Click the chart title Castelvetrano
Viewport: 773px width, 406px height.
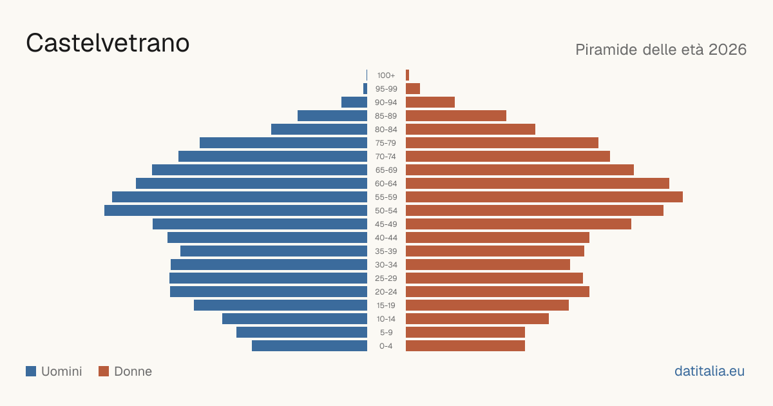click(108, 43)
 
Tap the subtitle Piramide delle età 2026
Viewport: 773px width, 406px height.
click(661, 50)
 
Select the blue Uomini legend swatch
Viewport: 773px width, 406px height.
click(31, 371)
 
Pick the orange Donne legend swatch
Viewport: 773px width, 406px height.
click(104, 371)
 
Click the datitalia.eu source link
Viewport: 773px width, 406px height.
click(709, 371)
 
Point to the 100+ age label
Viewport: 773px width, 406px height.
click(386, 75)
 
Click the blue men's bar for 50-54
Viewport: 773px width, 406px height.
click(236, 211)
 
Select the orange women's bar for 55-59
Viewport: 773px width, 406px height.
click(544, 197)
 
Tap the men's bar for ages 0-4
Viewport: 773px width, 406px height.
click(310, 346)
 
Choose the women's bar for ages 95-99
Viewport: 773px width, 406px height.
click(413, 89)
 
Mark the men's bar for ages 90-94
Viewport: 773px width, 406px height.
click(354, 102)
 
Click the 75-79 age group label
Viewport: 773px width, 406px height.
click(386, 143)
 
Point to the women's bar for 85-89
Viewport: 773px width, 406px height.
click(456, 115)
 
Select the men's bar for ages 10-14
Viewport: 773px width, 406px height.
click(295, 318)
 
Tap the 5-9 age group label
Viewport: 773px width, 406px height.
click(386, 333)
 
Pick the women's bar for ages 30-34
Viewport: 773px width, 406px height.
click(488, 265)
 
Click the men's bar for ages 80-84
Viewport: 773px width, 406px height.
click(320, 130)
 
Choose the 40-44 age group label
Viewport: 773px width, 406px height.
click(386, 238)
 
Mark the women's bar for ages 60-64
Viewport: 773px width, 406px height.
click(537, 183)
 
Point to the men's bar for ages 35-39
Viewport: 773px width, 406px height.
click(274, 251)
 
